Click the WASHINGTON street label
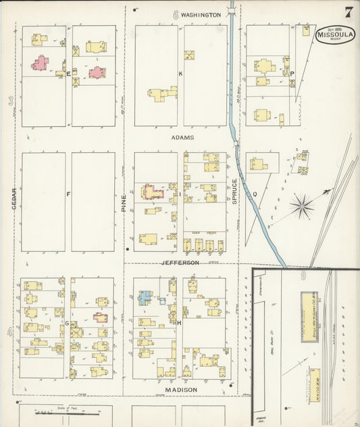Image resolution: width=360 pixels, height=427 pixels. [201, 14]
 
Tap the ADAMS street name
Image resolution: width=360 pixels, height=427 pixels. [182, 137]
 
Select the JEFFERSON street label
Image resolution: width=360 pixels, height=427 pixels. [180, 262]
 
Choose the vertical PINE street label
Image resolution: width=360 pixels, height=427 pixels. [124, 201]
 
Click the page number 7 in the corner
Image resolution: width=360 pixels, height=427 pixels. [349, 11]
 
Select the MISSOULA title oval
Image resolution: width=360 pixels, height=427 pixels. [336, 35]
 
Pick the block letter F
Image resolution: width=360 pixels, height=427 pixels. [68, 195]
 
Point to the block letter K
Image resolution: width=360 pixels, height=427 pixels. [180, 73]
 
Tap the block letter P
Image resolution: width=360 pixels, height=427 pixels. [292, 73]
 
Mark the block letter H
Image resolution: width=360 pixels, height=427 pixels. [180, 322]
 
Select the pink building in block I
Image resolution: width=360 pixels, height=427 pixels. [153, 192]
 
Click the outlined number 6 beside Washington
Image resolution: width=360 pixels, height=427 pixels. [176, 14]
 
